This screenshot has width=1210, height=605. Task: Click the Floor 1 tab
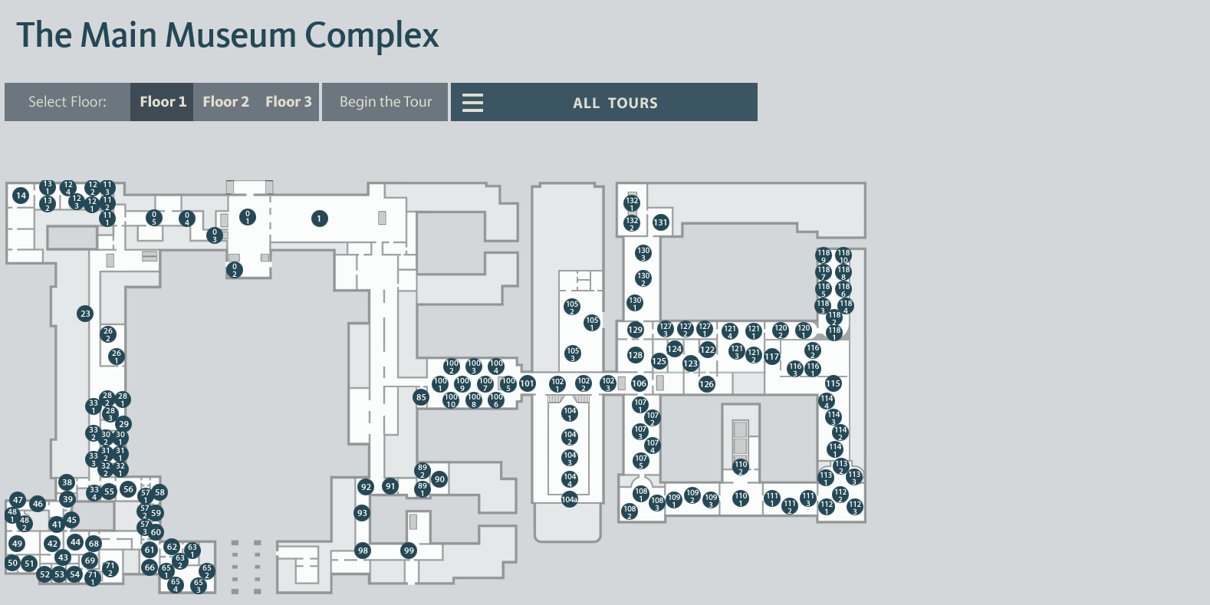coord(163,102)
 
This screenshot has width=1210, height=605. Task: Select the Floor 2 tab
coord(225,102)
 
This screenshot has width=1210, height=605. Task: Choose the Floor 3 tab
coord(288,102)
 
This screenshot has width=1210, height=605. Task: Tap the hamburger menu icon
coord(472,103)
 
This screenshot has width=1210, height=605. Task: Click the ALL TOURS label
coord(615,103)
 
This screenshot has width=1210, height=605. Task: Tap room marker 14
coord(21,196)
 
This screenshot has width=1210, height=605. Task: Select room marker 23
coord(85,313)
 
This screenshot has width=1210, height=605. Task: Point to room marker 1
coord(320,219)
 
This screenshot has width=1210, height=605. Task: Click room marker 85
coord(421,396)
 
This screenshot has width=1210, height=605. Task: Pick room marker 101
coord(528,383)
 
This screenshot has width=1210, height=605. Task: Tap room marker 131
coord(660,222)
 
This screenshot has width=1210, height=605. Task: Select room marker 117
coord(771,356)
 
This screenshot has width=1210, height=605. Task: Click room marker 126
coord(707,384)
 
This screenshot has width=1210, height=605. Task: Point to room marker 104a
coord(569,500)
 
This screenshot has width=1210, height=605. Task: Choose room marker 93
coord(362,513)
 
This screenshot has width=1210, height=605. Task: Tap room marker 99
coord(409,551)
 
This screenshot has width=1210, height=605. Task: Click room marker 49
coord(17,544)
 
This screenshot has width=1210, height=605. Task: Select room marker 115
coord(834,383)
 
